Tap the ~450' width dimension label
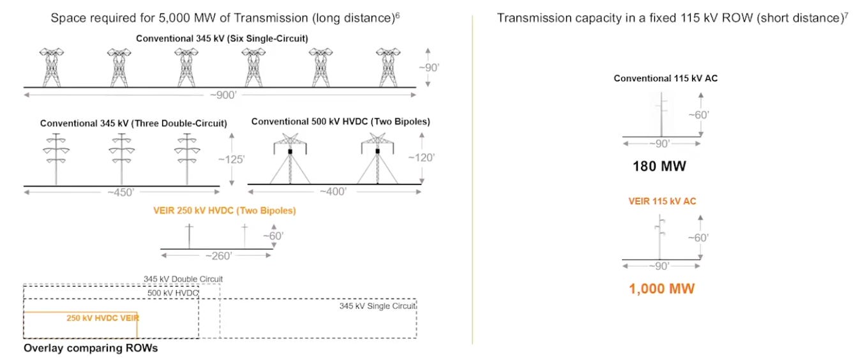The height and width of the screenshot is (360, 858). click(122, 192)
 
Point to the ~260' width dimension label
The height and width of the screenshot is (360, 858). click(217, 256)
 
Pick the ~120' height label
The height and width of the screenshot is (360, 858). click(422, 158)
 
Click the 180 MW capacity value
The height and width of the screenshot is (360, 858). click(659, 167)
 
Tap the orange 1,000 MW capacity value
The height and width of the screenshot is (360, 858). click(661, 289)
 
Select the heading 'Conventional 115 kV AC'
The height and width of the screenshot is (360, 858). click(661, 79)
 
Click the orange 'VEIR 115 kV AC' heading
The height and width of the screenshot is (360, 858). click(662, 201)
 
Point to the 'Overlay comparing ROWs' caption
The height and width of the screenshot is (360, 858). click(90, 349)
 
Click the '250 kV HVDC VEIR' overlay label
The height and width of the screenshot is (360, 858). click(103, 317)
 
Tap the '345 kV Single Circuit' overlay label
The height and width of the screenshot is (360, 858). click(377, 306)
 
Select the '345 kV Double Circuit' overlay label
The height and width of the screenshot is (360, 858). click(183, 279)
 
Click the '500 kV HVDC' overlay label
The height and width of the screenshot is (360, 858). click(173, 293)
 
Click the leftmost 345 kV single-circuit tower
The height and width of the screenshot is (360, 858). click(54, 67)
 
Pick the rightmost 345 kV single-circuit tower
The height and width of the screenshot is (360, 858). click(387, 67)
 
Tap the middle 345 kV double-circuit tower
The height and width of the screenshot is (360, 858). click(121, 158)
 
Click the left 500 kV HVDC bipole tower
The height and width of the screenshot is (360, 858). click(290, 159)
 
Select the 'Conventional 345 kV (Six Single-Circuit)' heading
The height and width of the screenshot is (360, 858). click(222, 38)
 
